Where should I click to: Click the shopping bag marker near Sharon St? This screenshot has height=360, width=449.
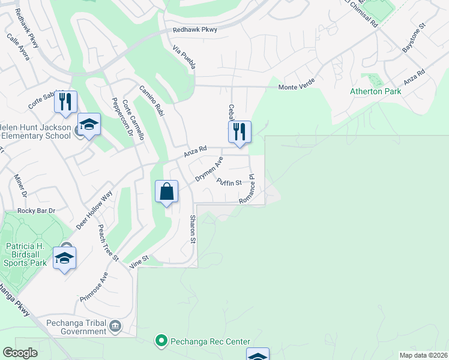(x=167, y=192)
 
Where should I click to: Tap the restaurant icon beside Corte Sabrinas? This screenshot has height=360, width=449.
(x=66, y=101)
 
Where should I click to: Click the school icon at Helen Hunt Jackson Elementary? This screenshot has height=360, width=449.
(x=89, y=125)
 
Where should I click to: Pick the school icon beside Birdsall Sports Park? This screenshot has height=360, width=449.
(x=64, y=259)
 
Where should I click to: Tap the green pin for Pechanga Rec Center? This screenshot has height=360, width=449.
(x=161, y=341)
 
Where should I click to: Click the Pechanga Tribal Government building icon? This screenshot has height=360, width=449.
(x=115, y=327)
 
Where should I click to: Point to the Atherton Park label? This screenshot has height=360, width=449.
(x=375, y=92)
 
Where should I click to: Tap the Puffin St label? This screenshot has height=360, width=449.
(x=229, y=182)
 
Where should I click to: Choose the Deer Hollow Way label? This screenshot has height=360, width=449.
(x=94, y=209)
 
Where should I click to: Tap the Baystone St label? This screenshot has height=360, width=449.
(x=413, y=38)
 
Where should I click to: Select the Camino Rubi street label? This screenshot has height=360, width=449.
(x=152, y=100)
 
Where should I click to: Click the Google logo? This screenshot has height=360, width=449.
(x=20, y=353)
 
